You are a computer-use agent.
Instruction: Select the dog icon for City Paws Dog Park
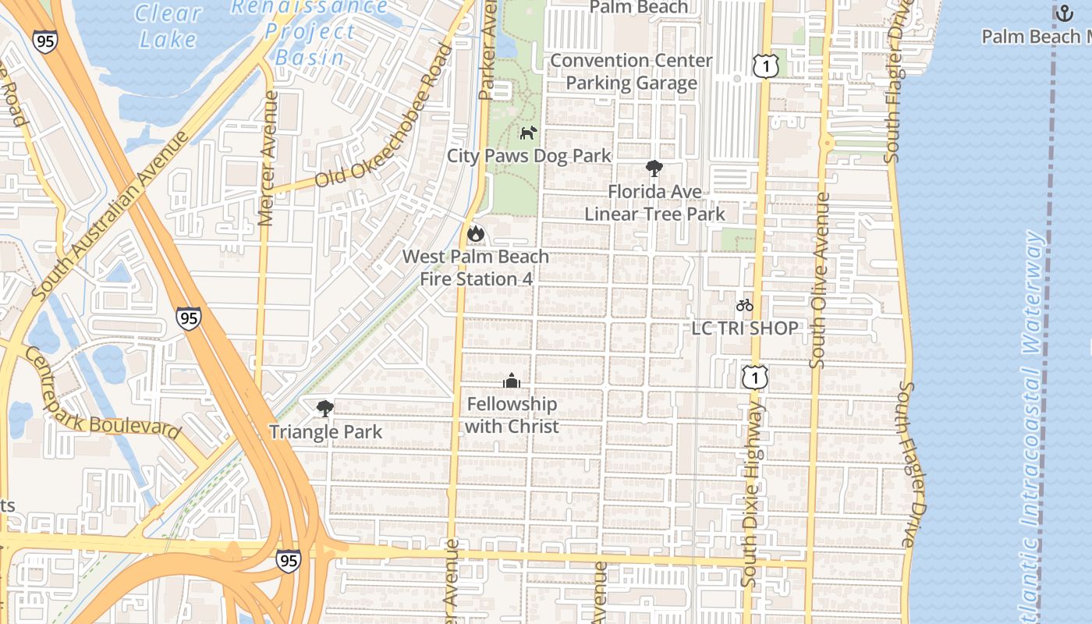(529, 133)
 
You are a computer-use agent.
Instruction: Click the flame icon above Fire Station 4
(475, 233)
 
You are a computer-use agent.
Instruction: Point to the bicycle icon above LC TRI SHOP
(745, 305)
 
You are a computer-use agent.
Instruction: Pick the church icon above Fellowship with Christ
(512, 381)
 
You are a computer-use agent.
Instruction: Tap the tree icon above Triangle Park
(325, 409)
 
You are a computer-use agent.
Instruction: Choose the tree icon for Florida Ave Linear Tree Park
(654, 168)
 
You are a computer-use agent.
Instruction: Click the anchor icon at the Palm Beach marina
(1064, 13)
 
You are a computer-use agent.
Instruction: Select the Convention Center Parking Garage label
(632, 72)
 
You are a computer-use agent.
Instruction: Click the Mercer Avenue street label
(268, 159)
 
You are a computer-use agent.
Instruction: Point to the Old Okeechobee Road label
(383, 117)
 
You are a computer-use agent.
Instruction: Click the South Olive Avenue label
(820, 281)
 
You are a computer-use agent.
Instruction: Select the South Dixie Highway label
(751, 495)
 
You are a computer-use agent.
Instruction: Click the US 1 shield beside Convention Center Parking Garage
(766, 67)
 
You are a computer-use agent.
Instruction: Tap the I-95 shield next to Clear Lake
(44, 41)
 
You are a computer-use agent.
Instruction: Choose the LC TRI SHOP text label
(745, 328)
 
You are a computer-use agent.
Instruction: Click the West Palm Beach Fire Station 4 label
(476, 268)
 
